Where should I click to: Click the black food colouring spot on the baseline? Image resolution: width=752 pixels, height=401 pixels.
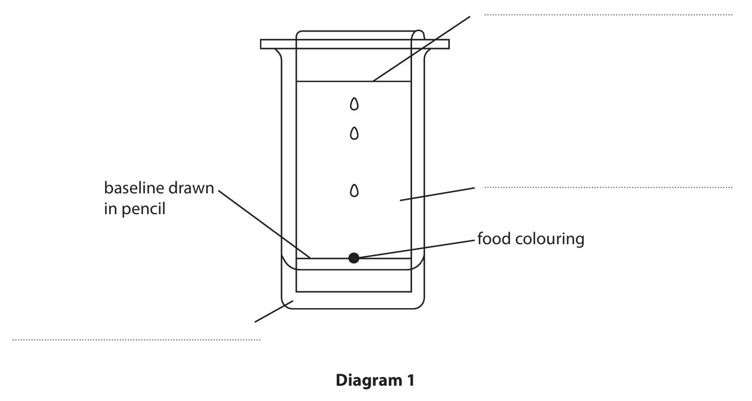[354, 258]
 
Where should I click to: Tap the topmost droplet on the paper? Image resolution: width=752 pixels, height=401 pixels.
[354, 103]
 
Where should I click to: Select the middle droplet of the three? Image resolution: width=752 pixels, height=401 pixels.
[354, 133]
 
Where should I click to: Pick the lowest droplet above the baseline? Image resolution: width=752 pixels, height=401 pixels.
[354, 190]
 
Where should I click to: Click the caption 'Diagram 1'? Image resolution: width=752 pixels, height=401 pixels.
[375, 380]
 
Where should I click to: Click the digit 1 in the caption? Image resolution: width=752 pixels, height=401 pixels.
[410, 380]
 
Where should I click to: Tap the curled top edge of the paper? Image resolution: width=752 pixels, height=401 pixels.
[418, 34]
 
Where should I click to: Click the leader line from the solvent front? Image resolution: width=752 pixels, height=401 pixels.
[421, 49]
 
